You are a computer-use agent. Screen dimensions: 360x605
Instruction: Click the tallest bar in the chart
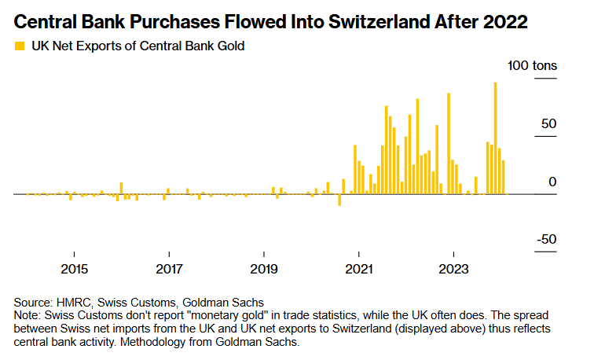pyautogui.click(x=495, y=138)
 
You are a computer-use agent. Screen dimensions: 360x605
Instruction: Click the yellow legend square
pyautogui.click(x=20, y=46)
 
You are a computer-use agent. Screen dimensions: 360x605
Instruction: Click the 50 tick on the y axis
pyautogui.click(x=547, y=124)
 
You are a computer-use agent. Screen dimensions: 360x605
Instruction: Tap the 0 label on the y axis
pyautogui.click(x=552, y=182)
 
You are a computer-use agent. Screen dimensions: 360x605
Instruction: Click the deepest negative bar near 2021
pyautogui.click(x=339, y=200)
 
